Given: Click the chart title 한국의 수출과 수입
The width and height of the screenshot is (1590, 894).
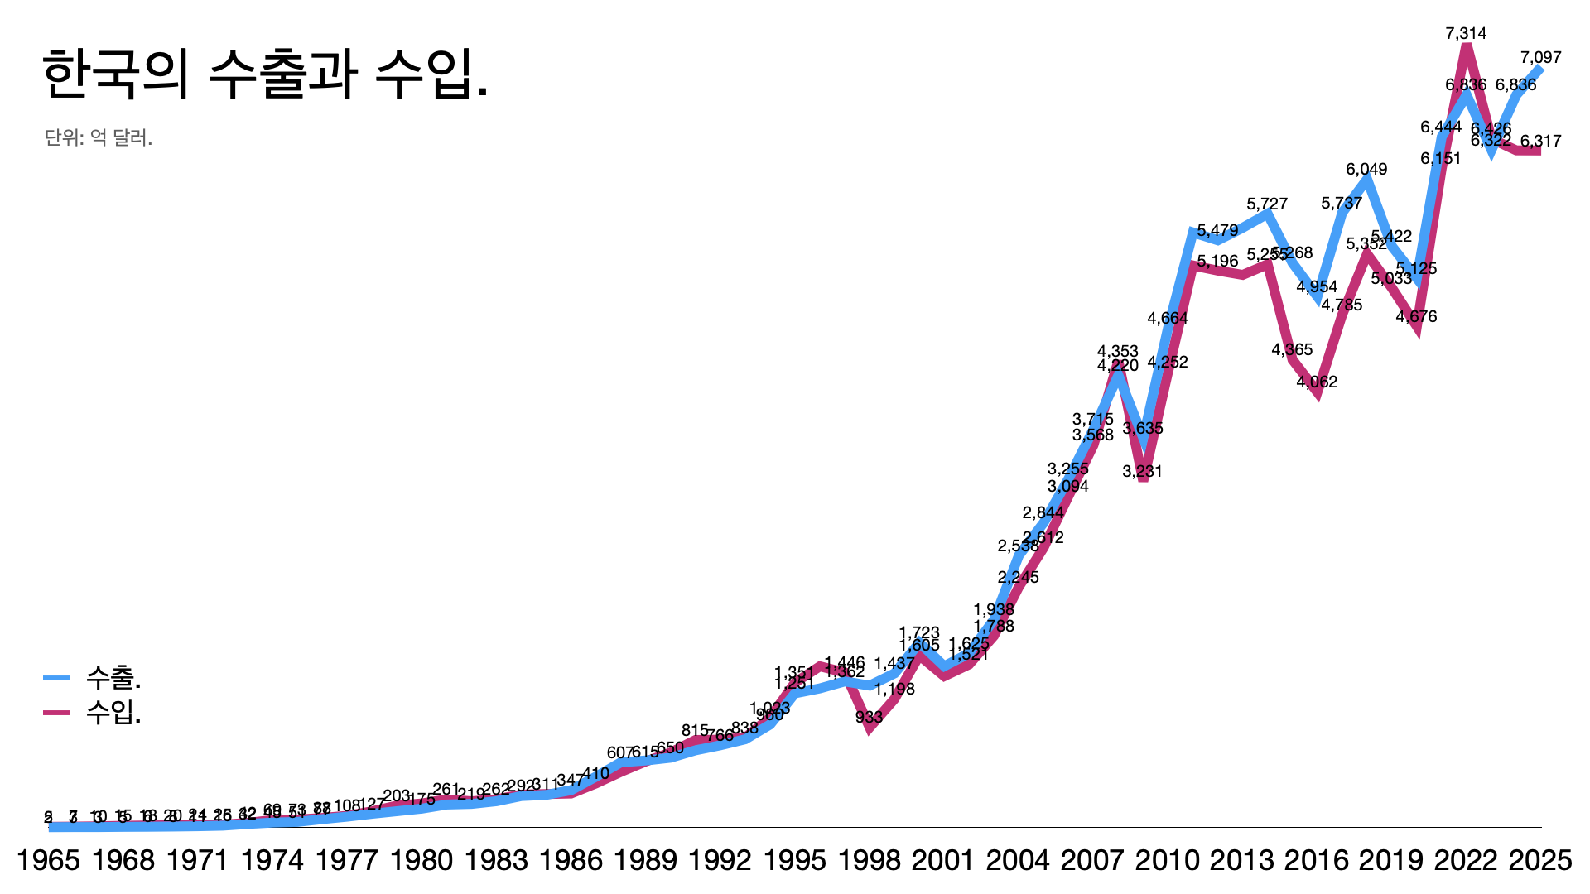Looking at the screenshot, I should point(265,74).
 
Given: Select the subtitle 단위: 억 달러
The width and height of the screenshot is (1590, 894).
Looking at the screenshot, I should point(99,137).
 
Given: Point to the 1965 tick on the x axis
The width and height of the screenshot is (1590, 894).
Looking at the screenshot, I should point(48,861).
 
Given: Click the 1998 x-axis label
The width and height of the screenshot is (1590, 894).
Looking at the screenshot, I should point(869,861).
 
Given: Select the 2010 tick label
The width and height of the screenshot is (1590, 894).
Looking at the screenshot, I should point(1167,861).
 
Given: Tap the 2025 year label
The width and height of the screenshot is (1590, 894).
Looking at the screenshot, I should point(1539,861).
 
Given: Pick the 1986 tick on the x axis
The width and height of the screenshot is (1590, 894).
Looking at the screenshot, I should point(571,861).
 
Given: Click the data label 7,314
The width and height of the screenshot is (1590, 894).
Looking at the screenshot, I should point(1466,34).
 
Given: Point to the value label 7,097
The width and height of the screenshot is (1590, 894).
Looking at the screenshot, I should point(1540,58).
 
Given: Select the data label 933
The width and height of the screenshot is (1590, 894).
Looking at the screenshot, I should point(869,718).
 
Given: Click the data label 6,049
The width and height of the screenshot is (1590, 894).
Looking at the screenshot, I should point(1366,170).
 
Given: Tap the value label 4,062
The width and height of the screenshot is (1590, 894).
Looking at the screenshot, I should point(1317,382).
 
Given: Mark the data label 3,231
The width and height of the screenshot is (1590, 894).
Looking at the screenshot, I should point(1143,472).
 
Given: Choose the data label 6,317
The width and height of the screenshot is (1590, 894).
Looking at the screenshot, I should point(1540,142).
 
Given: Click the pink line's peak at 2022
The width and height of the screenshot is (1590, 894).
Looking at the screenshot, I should point(1467,48).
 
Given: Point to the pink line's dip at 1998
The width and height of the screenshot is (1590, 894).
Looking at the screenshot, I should point(869,728).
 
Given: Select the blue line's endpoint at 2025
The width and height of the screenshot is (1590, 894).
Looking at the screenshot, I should point(1539,70).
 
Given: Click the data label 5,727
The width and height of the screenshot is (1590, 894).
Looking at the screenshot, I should point(1267,204).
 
